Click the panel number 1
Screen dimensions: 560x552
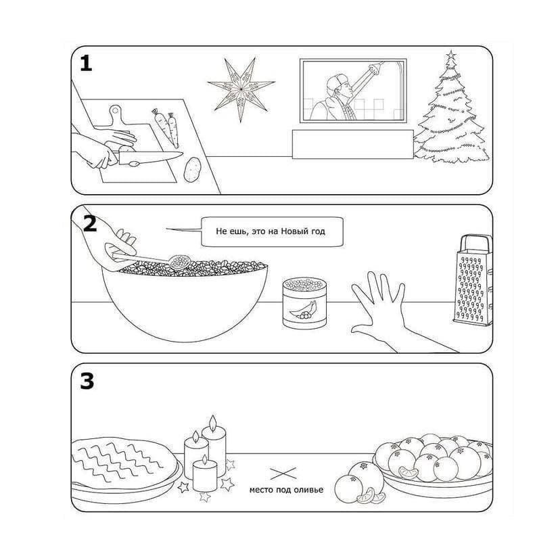pyautogui.click(x=86, y=64)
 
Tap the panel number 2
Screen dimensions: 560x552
pyautogui.click(x=90, y=223)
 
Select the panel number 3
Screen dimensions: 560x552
pyautogui.click(x=87, y=381)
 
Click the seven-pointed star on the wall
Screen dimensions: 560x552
pyautogui.click(x=241, y=89)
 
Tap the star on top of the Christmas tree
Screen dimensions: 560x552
pyautogui.click(x=450, y=55)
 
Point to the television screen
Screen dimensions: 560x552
pyautogui.click(x=353, y=91)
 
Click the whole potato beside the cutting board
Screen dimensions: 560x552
pyautogui.click(x=193, y=170)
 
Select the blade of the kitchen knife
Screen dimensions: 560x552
pyautogui.click(x=151, y=157)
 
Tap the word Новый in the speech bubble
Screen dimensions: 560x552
pyautogui.click(x=292, y=231)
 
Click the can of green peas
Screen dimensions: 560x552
pyautogui.click(x=304, y=303)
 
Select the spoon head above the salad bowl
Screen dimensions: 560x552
pyautogui.click(x=179, y=262)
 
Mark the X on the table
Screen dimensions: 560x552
pyautogui.click(x=283, y=474)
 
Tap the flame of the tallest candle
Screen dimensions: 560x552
pyautogui.click(x=213, y=422)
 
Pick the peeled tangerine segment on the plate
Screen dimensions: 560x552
pyautogui.click(x=409, y=473)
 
